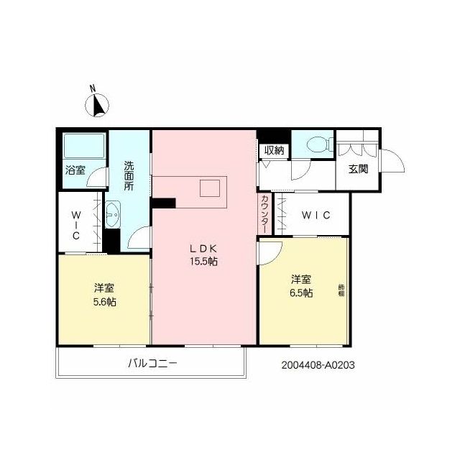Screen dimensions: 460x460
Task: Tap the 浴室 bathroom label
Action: coord(75,170)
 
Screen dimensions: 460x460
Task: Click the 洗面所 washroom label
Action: coord(128,175)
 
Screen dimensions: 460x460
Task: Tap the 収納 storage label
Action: coord(274,151)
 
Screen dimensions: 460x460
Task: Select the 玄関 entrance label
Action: coord(359,170)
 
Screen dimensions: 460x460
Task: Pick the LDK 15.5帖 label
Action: coord(203,254)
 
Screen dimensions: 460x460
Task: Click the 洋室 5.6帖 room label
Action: coord(104,294)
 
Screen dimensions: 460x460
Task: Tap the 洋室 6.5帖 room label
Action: coord(301,285)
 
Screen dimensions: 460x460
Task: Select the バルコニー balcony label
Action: coord(152,364)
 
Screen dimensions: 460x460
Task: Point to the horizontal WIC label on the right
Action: coord(316,215)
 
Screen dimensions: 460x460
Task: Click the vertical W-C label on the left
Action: coord(75,224)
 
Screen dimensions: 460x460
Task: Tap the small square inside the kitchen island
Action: coord(209,188)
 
